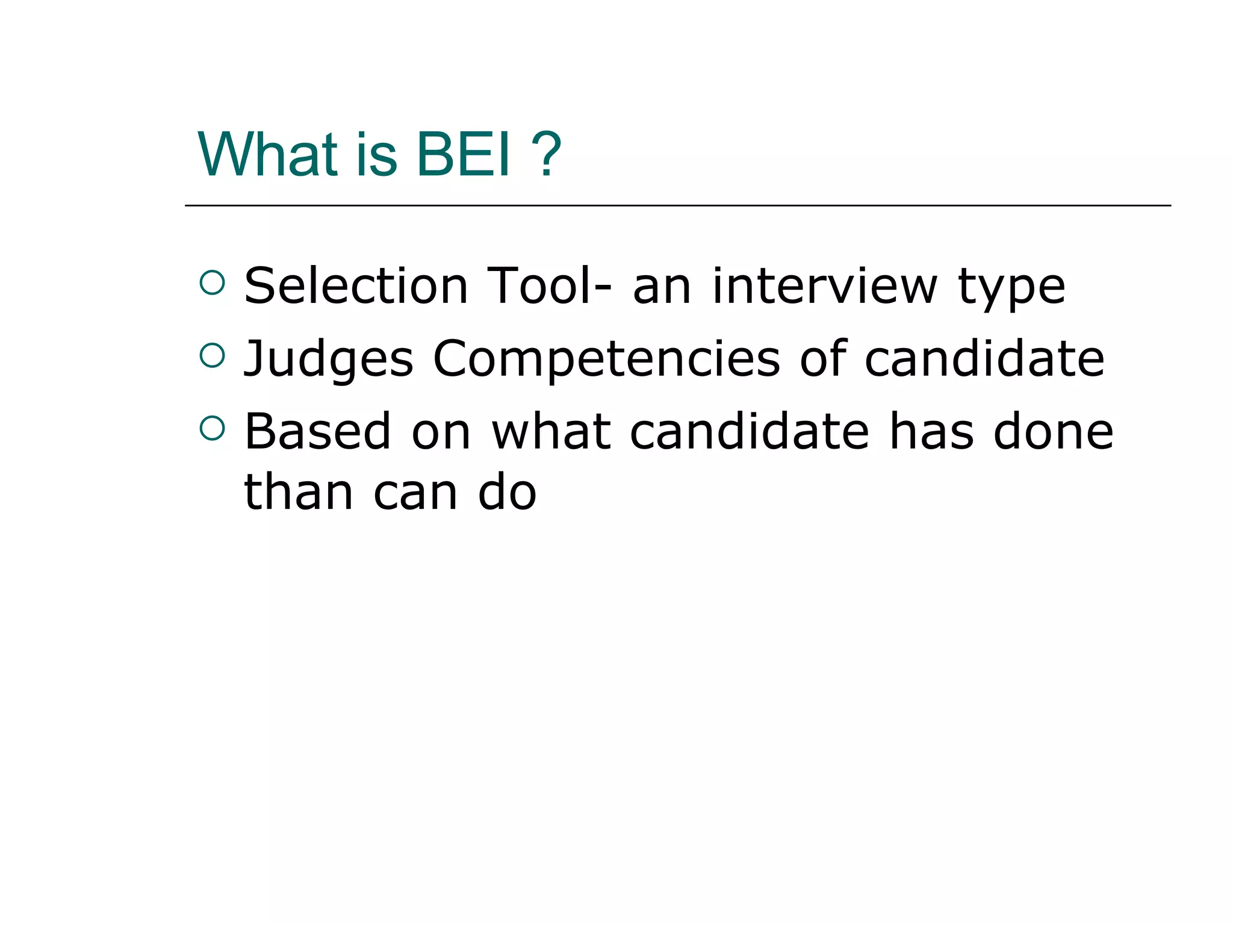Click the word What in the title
click(x=267, y=155)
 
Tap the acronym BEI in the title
click(x=464, y=155)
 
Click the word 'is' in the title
click(x=376, y=155)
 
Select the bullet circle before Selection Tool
click(x=212, y=282)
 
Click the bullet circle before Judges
click(x=212, y=355)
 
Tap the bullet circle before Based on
click(x=212, y=428)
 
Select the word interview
click(x=824, y=286)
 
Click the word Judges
click(x=329, y=360)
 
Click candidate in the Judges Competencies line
click(x=984, y=359)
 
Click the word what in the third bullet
click(x=551, y=432)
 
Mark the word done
click(x=1053, y=432)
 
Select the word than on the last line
click(x=299, y=493)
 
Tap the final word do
click(x=507, y=493)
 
